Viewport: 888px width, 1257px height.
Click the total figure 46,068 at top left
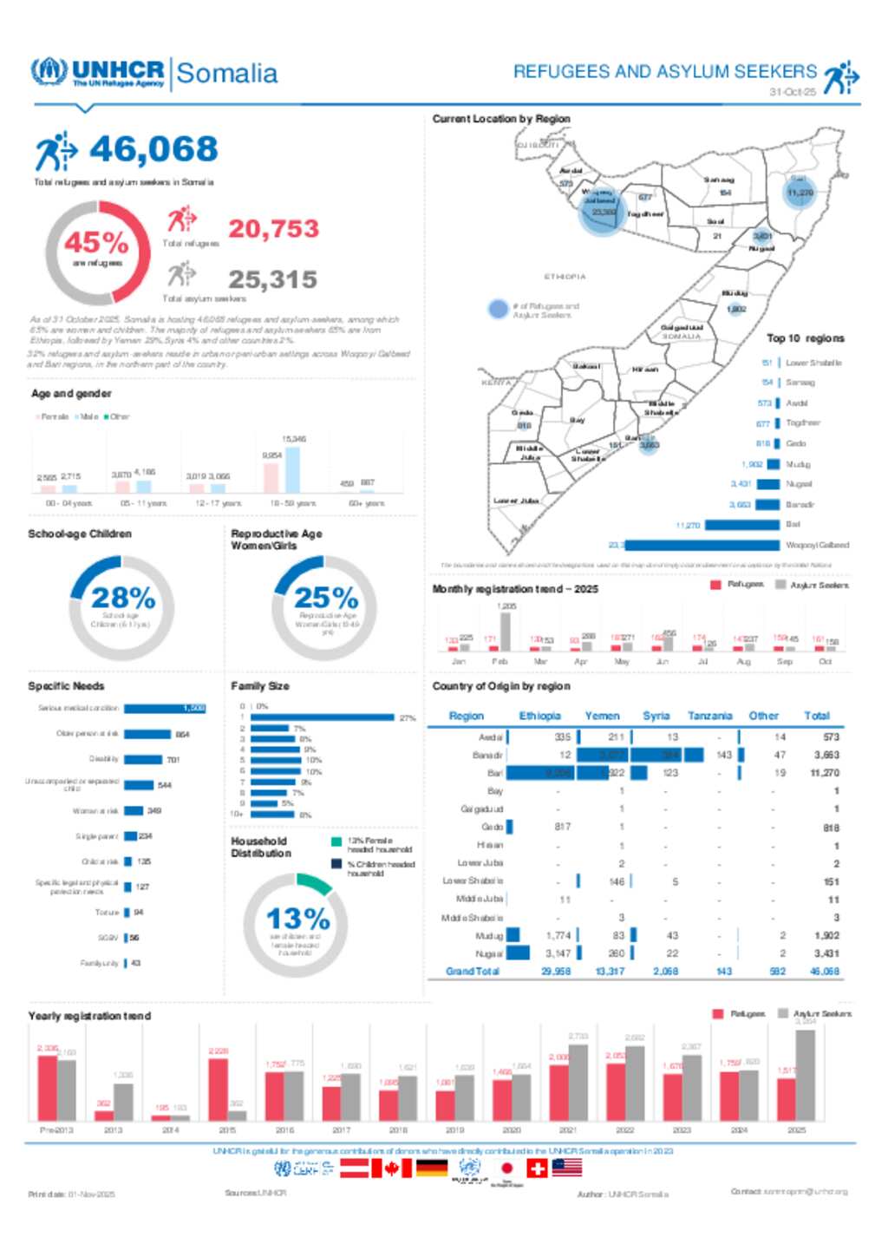click(x=153, y=149)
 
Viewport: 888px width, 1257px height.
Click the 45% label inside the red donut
click(x=96, y=242)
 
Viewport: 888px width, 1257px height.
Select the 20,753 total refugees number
click(x=273, y=229)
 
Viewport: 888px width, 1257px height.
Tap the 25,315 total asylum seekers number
click(x=273, y=279)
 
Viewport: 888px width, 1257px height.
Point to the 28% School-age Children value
click(x=123, y=598)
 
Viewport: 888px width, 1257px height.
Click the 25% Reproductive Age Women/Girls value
click(x=326, y=598)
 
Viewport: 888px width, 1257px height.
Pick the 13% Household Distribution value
click(x=297, y=919)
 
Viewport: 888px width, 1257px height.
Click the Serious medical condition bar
click(x=165, y=709)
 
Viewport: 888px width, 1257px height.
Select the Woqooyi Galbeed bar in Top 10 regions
click(x=702, y=545)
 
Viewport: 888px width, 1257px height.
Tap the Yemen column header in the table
click(x=602, y=716)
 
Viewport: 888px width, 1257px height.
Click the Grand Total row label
click(x=472, y=972)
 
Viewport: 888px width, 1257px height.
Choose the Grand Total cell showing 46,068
click(x=825, y=972)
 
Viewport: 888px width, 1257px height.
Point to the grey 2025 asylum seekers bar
click(x=806, y=1075)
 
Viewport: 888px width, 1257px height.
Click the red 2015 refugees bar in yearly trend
click(x=219, y=1090)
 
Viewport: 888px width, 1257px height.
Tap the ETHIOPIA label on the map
click(x=565, y=277)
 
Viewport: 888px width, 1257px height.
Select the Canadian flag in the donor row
click(x=391, y=1169)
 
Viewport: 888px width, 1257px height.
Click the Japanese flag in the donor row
click(x=507, y=1169)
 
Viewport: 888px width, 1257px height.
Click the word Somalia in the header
click(x=227, y=75)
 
